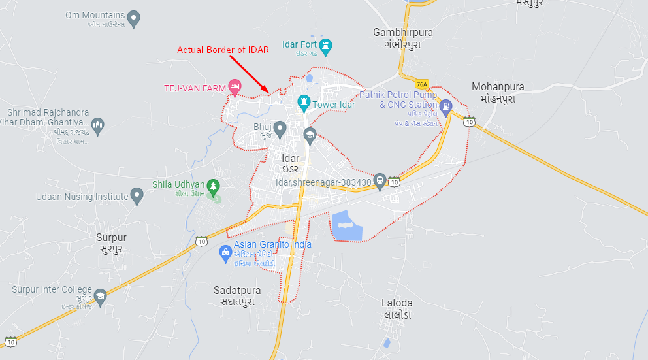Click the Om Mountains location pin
[x=134, y=18]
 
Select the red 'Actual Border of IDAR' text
[x=223, y=50]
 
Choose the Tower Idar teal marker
[x=304, y=103]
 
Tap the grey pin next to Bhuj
[x=280, y=129]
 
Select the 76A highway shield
[x=422, y=84]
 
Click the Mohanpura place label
[x=498, y=86]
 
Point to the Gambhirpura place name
[x=403, y=32]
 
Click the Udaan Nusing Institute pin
[x=137, y=195]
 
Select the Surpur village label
[x=111, y=238]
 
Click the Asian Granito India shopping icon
[x=225, y=252]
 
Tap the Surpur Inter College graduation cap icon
[x=100, y=296]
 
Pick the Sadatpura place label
[x=237, y=290]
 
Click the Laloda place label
[x=397, y=303]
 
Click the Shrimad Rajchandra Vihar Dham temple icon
[x=98, y=125]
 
